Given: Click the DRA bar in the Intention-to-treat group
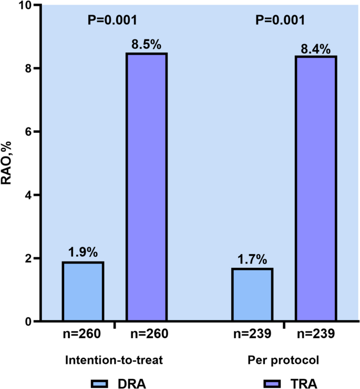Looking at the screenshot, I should click(83, 291).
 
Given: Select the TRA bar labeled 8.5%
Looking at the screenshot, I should click(147, 187).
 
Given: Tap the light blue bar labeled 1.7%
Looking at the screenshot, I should click(253, 295).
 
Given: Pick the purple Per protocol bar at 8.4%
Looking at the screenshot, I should click(316, 188).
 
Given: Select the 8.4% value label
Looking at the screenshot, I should click(316, 48).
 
